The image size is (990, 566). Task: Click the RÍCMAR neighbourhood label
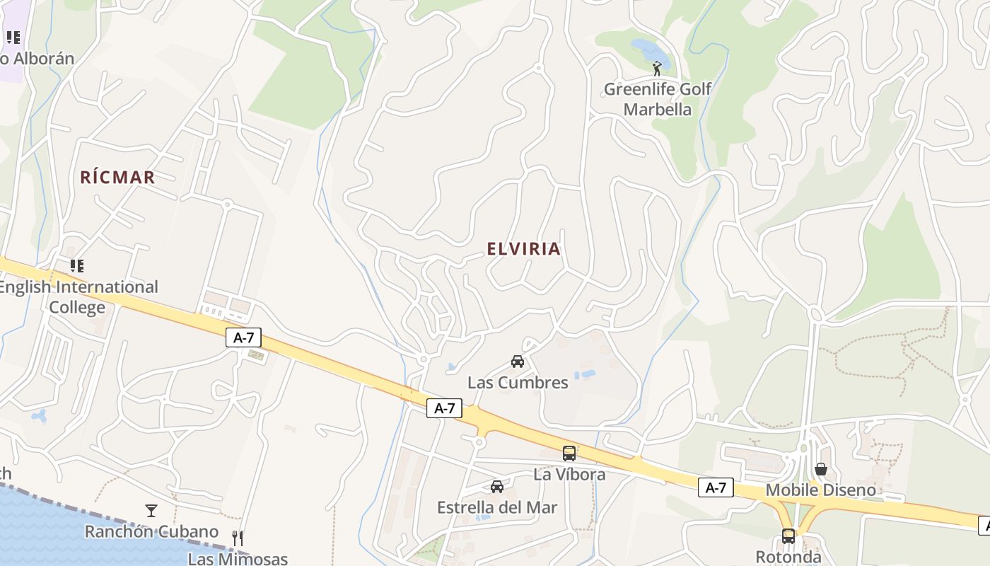click(117, 177)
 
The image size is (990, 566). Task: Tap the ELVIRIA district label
click(524, 249)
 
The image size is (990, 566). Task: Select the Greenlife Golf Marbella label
click(657, 99)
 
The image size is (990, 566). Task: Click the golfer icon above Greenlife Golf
click(657, 69)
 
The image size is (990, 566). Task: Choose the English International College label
click(78, 297)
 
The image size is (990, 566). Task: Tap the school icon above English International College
click(76, 266)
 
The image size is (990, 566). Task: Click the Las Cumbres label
click(518, 383)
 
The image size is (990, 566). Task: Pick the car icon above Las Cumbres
click(518, 362)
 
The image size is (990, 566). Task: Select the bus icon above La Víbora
click(569, 454)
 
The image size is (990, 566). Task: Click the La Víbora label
click(569, 474)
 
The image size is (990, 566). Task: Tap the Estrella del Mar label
click(497, 507)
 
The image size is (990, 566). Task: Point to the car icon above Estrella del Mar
click(497, 487)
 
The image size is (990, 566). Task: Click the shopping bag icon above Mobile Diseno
click(821, 469)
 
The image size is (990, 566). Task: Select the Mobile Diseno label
click(821, 490)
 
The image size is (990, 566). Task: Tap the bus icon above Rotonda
click(788, 536)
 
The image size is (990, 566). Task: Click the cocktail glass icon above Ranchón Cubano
click(151, 510)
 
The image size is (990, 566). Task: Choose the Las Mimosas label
click(238, 559)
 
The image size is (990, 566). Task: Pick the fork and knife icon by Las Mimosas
click(238, 538)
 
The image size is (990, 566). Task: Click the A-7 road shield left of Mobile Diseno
click(716, 487)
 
